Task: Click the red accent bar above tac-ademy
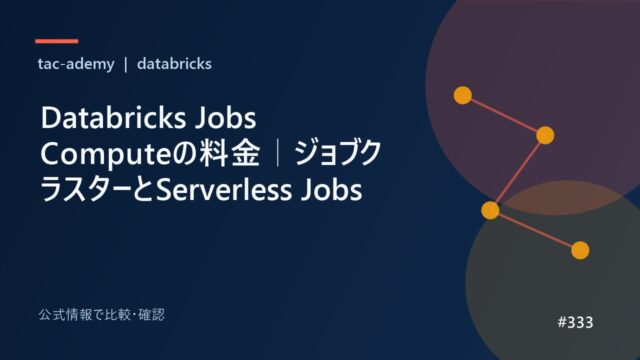click(57, 41)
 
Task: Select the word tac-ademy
click(76, 64)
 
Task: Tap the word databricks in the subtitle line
click(174, 64)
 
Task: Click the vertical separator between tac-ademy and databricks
click(126, 64)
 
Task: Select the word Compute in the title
click(105, 155)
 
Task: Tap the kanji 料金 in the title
click(229, 153)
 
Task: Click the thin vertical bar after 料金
click(278, 153)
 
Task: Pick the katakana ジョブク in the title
click(338, 153)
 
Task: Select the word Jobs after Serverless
click(331, 190)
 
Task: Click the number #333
click(576, 322)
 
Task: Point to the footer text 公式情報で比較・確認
click(102, 315)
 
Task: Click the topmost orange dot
click(463, 95)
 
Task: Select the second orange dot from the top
click(545, 135)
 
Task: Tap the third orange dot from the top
click(490, 210)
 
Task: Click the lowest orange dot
click(580, 250)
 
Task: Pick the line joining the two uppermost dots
click(504, 115)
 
